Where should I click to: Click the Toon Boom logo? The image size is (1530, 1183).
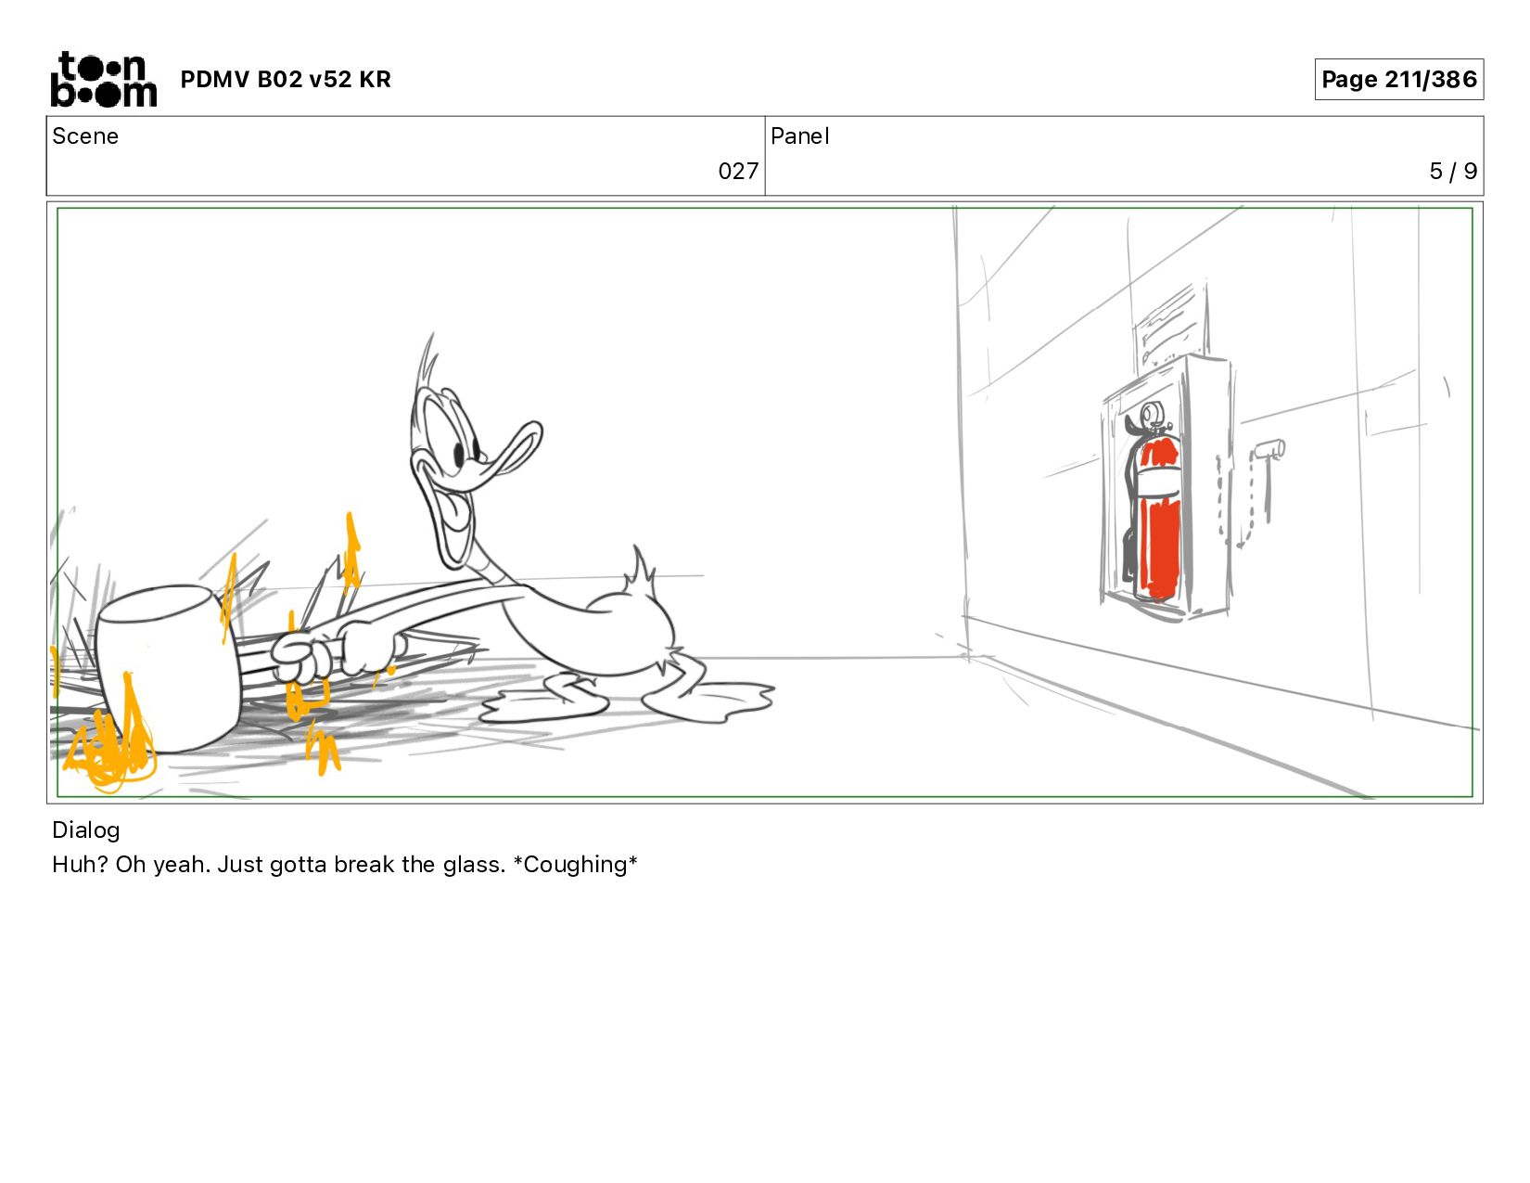(104, 79)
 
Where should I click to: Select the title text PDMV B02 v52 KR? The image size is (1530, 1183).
(286, 79)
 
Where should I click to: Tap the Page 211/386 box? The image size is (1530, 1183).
(1398, 79)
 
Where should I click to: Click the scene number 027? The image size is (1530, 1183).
(738, 171)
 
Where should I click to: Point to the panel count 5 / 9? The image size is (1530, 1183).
(1452, 171)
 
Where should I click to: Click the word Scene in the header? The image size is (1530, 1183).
(85, 136)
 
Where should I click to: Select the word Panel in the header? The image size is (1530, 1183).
(800, 136)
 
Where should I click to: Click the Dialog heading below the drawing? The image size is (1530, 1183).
(86, 830)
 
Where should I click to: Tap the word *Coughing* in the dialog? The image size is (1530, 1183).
(575, 864)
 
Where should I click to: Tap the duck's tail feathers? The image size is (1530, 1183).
(641, 571)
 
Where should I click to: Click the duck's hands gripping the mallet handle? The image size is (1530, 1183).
(338, 651)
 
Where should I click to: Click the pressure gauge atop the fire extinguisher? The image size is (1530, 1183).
(1152, 415)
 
